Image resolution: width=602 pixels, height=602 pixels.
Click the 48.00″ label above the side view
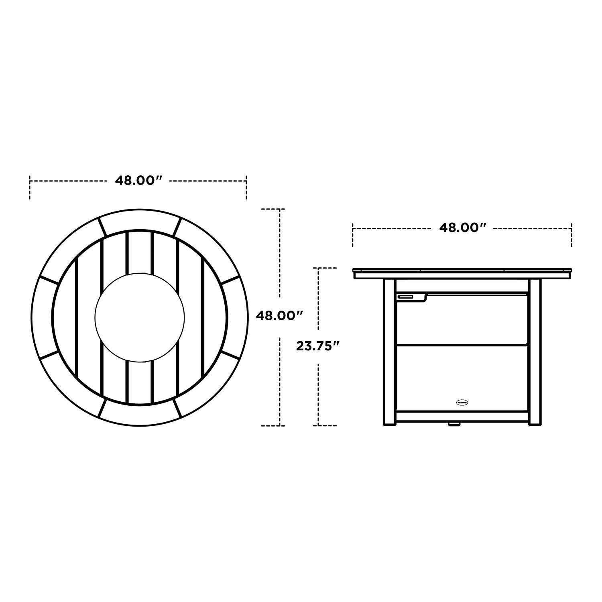[x=462, y=228]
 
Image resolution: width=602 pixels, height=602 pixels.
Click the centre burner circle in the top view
[x=140, y=317]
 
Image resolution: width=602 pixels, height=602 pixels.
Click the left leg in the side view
[x=389, y=352]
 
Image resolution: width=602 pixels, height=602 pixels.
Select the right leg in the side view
[x=534, y=352]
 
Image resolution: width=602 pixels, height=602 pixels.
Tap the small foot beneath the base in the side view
[x=454, y=423]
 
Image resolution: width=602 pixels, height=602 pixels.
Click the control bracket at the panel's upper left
[x=411, y=297]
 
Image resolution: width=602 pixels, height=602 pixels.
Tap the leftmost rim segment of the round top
[x=42, y=317]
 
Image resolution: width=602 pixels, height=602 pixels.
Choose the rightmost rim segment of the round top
[x=237, y=317]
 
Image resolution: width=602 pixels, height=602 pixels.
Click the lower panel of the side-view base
[x=462, y=377]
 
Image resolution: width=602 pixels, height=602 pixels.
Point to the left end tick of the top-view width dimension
[x=30, y=187]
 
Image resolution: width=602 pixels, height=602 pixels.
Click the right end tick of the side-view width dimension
[x=571, y=235]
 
